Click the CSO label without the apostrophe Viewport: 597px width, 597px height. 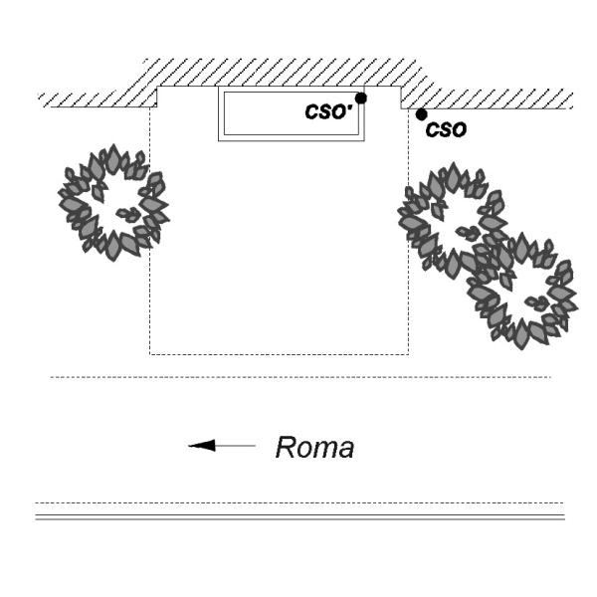coord(446,129)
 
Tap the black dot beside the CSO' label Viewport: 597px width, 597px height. coord(361,98)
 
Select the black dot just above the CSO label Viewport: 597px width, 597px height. coord(422,114)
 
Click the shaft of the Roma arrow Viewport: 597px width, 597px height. coord(235,446)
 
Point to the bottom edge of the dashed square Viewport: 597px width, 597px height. coord(279,353)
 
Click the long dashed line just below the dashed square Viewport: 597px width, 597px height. coord(298,377)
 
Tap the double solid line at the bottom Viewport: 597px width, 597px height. coord(298,517)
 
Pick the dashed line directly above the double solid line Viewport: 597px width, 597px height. coord(298,502)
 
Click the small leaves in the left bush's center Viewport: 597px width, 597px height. coord(127,213)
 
